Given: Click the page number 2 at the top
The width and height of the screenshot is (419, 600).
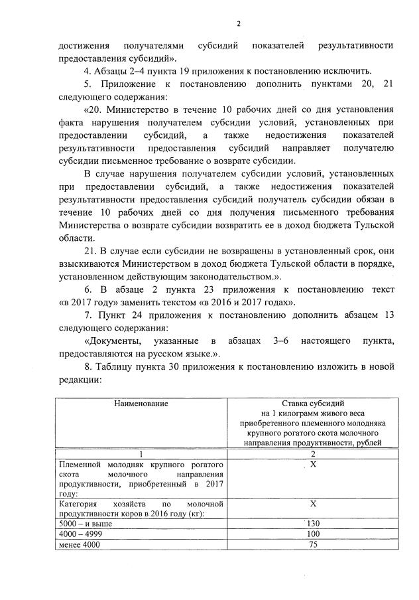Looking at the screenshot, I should (x=237, y=25).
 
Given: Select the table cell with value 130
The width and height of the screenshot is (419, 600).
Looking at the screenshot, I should (x=314, y=524).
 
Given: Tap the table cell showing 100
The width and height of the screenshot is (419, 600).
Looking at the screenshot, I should (x=314, y=534).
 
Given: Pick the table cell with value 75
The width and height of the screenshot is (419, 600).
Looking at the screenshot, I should (x=314, y=544).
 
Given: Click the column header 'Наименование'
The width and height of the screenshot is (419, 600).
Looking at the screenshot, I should (x=141, y=403).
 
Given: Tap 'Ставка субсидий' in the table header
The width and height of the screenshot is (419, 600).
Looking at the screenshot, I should (x=314, y=403).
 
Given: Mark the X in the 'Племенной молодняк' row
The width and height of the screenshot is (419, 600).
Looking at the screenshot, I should (x=314, y=467).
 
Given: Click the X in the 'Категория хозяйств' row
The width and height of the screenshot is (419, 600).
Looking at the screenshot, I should (x=314, y=504).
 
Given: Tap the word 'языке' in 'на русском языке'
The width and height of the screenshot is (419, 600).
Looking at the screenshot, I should (x=199, y=353).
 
